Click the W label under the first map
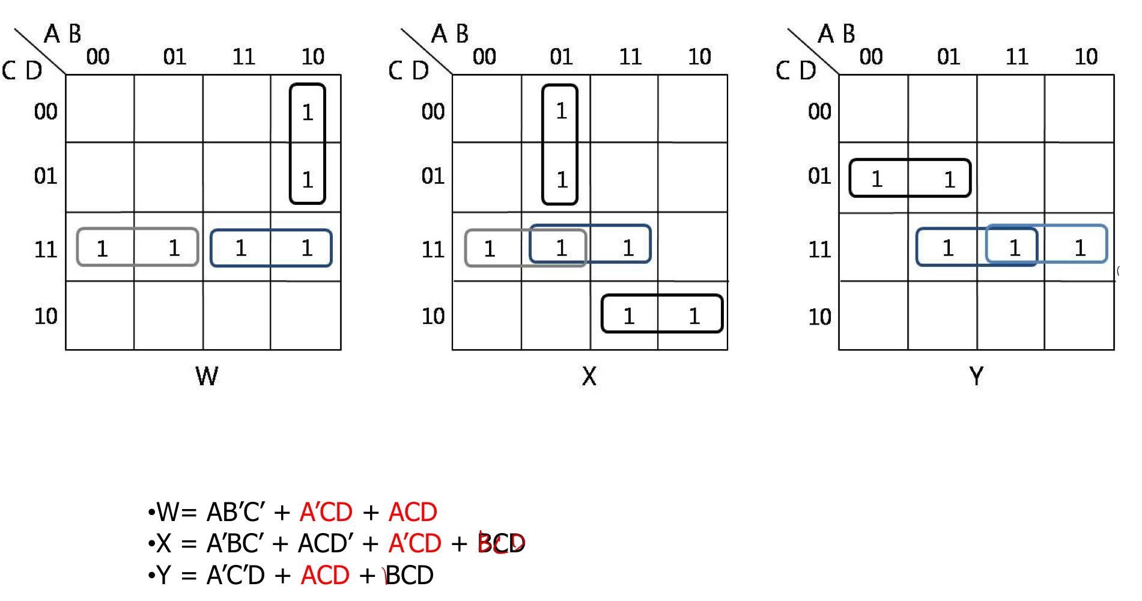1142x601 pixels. (207, 377)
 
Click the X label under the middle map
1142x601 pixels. (589, 377)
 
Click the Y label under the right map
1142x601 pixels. (976, 377)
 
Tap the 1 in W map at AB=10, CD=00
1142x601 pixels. (308, 112)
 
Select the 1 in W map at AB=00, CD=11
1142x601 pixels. (102, 248)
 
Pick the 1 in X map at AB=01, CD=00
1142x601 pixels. (561, 111)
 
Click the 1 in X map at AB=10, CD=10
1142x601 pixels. (694, 316)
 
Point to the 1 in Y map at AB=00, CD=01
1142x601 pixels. (876, 179)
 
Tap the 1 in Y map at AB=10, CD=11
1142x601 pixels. (1080, 248)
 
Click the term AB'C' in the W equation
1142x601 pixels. (235, 513)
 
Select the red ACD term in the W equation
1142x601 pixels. (413, 513)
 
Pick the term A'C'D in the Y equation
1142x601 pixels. (235, 576)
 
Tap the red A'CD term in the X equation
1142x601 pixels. (415, 544)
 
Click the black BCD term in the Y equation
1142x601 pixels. (409, 576)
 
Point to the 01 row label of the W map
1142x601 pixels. (46, 176)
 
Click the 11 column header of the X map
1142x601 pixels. (630, 57)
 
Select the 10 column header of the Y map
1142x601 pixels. (1086, 57)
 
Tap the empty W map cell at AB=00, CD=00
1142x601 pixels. (100, 109)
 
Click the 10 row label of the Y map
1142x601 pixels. (819, 317)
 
